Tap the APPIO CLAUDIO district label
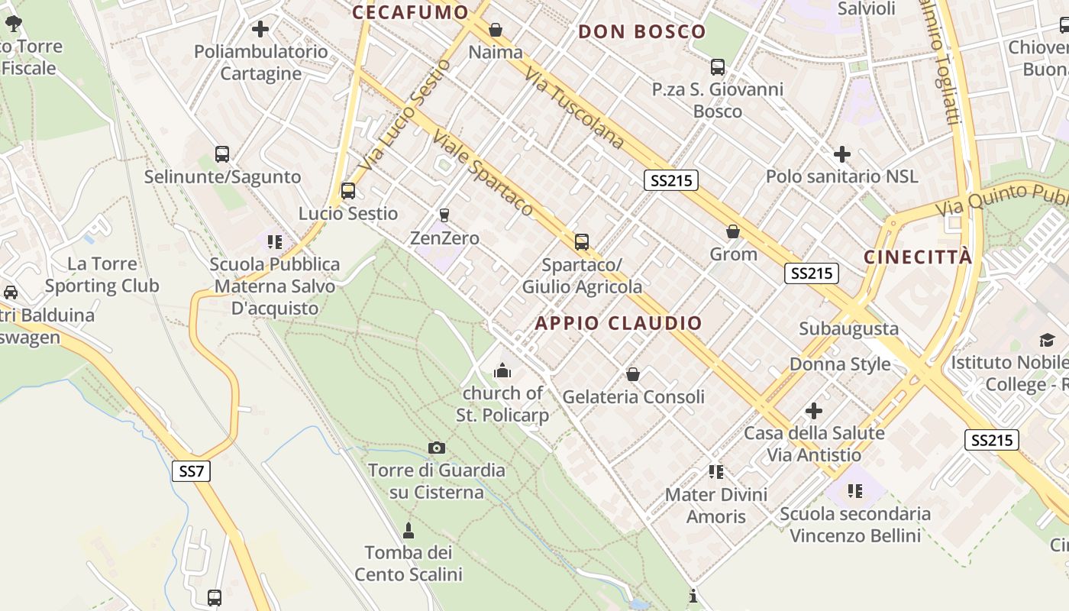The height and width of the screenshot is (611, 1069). click(618, 323)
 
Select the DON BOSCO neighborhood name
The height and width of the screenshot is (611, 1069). click(642, 32)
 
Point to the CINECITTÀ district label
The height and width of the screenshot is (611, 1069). click(919, 257)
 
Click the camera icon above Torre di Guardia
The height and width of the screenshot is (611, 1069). click(437, 448)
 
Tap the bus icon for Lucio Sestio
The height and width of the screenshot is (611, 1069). click(348, 190)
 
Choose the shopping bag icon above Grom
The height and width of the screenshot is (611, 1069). click(733, 231)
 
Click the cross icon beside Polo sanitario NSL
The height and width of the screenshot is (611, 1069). click(841, 154)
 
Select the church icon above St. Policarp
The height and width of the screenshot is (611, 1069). click(502, 371)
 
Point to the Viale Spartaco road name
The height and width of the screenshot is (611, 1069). click(483, 173)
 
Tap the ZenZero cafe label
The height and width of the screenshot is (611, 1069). click(444, 238)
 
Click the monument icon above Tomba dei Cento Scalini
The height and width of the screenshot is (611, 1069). click(409, 530)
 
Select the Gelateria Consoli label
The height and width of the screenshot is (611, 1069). click(633, 397)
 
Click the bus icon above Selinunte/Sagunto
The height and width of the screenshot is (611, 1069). click(222, 154)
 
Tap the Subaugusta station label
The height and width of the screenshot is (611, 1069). click(848, 329)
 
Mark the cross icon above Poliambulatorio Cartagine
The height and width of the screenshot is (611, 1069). click(260, 29)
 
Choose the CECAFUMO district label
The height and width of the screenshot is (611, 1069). click(410, 12)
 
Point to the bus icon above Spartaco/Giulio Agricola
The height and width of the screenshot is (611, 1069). click(582, 242)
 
